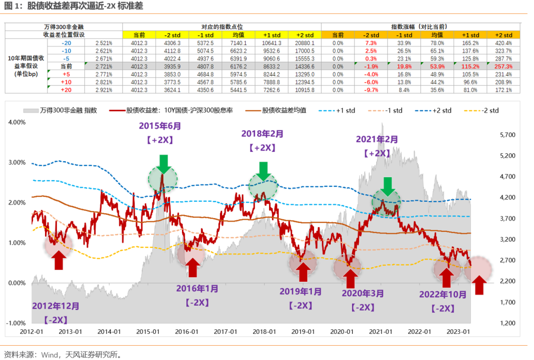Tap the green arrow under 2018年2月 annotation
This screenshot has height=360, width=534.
264,171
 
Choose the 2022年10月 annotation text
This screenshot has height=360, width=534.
443,294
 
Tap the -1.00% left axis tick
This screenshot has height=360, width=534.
16,323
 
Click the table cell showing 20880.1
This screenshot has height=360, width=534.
305,43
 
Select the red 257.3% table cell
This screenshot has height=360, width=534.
503,66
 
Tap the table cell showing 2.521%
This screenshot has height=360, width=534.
104,43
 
